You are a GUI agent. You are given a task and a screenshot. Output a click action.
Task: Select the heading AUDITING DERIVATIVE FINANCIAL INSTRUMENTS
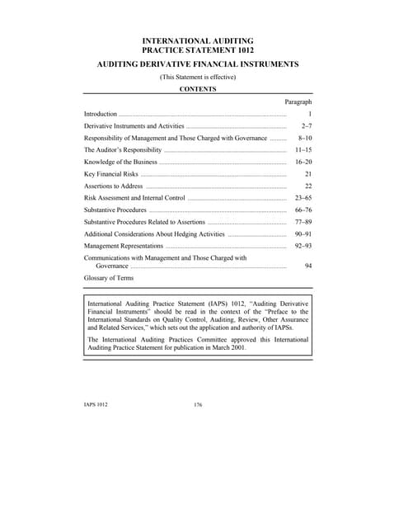197,64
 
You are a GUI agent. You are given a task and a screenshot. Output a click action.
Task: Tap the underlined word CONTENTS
198,89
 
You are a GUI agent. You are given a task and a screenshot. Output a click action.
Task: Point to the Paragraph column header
298,101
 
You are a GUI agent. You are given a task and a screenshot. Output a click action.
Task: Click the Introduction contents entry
101,114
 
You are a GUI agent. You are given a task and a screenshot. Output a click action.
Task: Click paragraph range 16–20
302,163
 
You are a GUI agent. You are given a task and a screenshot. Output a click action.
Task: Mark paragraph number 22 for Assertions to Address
307,187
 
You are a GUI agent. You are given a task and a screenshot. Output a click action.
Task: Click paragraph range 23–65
302,199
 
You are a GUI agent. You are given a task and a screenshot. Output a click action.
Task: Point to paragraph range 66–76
302,211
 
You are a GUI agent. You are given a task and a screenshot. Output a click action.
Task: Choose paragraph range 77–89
302,223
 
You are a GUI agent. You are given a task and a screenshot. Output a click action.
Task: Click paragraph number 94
307,266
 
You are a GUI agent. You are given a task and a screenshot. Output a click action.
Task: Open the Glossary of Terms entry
109,279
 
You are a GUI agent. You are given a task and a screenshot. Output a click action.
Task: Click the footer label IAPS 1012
96,405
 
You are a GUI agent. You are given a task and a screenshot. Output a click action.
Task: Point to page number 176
197,405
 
